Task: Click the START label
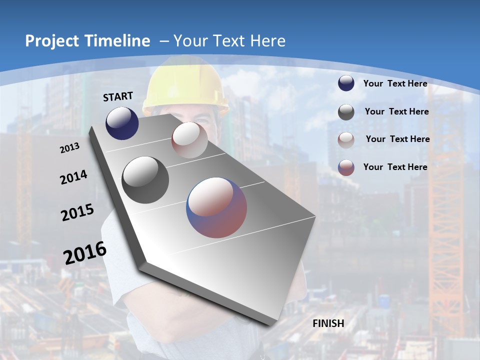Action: point(118,96)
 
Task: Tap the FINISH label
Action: point(328,323)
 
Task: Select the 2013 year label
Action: point(70,148)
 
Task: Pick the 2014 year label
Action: point(74,177)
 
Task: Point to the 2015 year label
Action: point(77,212)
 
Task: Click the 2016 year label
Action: point(85,253)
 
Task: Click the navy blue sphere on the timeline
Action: point(122,123)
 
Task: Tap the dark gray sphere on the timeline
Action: point(145,179)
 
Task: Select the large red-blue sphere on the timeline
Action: point(216,207)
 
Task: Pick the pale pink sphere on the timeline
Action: point(189,139)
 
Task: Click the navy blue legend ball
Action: point(346,83)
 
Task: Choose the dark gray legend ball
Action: point(346,112)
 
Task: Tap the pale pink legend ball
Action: point(346,139)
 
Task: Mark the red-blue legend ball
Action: point(346,167)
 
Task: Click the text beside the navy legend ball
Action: point(395,83)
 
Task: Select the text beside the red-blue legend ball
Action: point(395,167)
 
